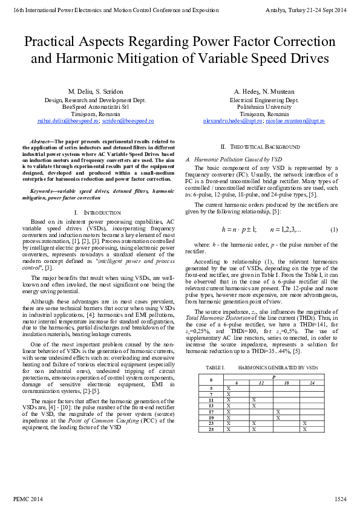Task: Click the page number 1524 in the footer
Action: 340,499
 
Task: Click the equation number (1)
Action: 334,230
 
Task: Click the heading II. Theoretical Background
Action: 260,147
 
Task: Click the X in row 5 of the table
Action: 228,388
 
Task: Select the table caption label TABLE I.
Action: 215,368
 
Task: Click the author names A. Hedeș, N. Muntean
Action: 264,91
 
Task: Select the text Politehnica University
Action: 264,106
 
